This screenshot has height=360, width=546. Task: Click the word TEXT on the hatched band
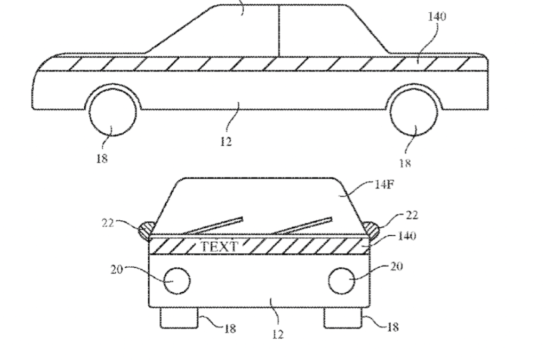point(220,246)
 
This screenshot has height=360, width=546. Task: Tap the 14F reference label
point(384,184)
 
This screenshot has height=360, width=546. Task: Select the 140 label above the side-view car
point(437,17)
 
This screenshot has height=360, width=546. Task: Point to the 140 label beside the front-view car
point(407,236)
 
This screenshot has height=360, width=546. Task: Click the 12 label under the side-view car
point(226,141)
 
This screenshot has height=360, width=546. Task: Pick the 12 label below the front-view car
point(277,334)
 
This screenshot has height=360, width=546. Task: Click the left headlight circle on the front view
point(177,281)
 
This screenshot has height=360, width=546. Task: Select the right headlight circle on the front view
point(342,281)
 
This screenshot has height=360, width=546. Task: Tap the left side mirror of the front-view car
point(146,230)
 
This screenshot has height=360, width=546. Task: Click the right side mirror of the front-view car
point(371,230)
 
